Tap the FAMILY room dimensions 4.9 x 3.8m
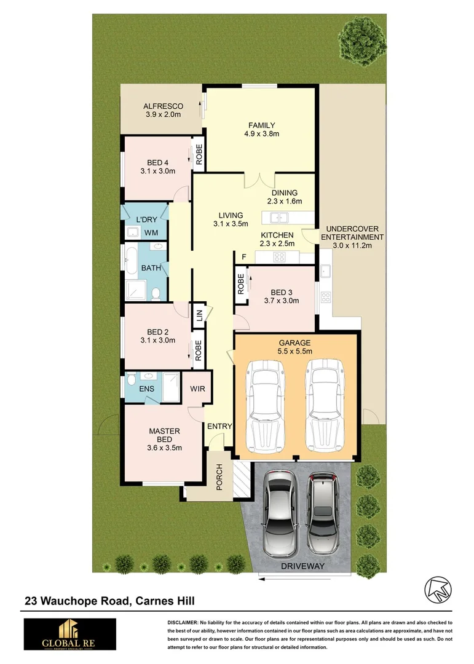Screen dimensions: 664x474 pos(261,134)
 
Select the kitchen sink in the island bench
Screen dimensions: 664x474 pos(278,217)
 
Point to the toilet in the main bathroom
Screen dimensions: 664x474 pos(156,293)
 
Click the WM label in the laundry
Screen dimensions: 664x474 pos(151,233)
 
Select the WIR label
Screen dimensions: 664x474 pos(197,389)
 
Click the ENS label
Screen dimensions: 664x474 pos(146,389)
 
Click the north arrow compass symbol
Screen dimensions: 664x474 pos(437,589)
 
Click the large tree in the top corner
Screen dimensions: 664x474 pos(358,38)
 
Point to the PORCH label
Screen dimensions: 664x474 pos(219,477)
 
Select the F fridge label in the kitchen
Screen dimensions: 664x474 pos(243,256)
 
